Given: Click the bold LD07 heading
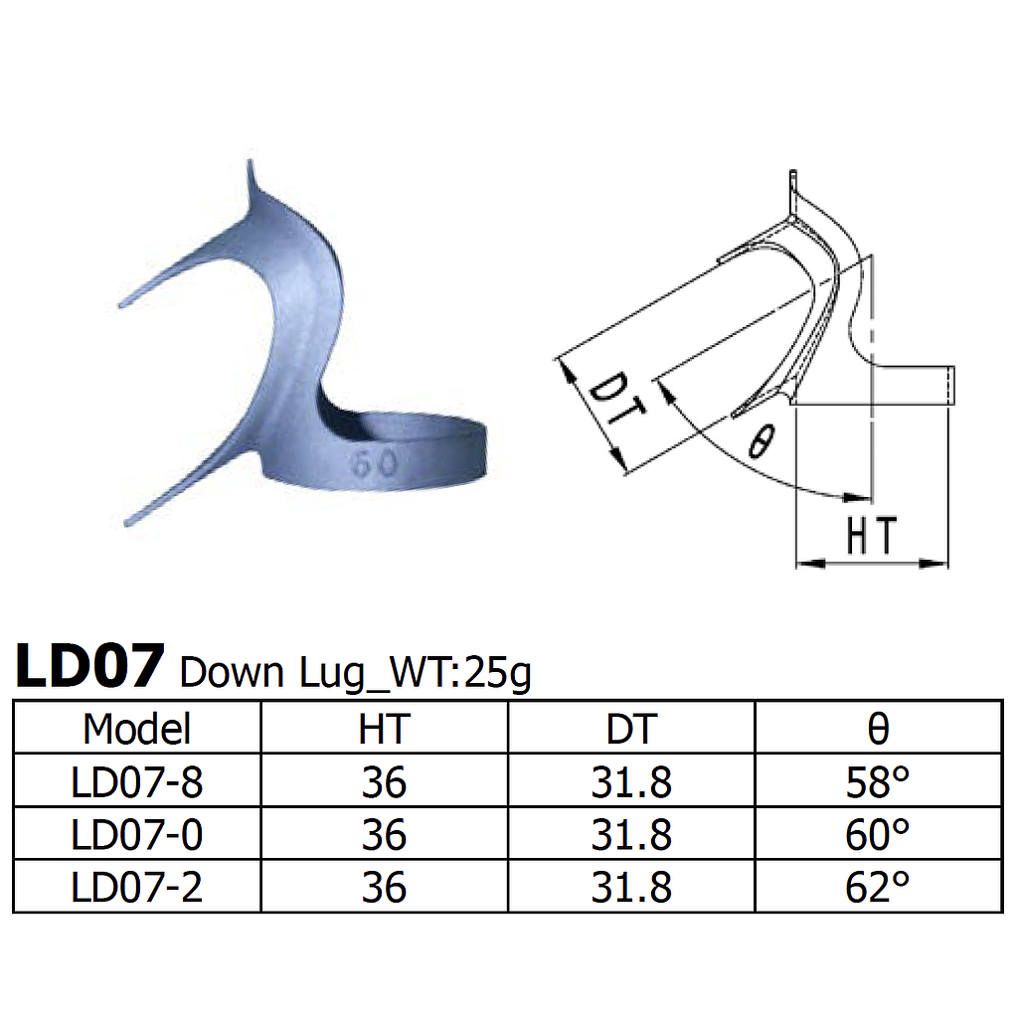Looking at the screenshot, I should click(88, 667).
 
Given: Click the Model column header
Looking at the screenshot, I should click(136, 729).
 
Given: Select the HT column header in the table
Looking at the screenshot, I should click(384, 729).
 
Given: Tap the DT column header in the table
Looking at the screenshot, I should click(631, 729).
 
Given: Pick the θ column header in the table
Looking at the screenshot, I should click(878, 729).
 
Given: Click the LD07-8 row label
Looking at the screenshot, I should click(136, 782).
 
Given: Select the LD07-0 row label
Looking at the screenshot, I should click(136, 835).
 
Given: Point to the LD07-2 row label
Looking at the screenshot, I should click(136, 887).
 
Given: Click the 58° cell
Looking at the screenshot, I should click(878, 782).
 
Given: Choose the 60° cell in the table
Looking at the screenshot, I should click(878, 835).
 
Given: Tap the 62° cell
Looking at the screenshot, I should click(878, 887).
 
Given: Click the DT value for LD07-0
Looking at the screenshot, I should click(631, 835).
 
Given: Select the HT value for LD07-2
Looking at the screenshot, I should click(384, 887).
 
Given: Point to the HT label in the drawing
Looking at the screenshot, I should click(871, 537).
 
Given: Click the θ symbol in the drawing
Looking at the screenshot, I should click(759, 440).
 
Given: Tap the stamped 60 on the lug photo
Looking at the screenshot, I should click(374, 462).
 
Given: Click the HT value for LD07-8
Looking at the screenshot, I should click(384, 782).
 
